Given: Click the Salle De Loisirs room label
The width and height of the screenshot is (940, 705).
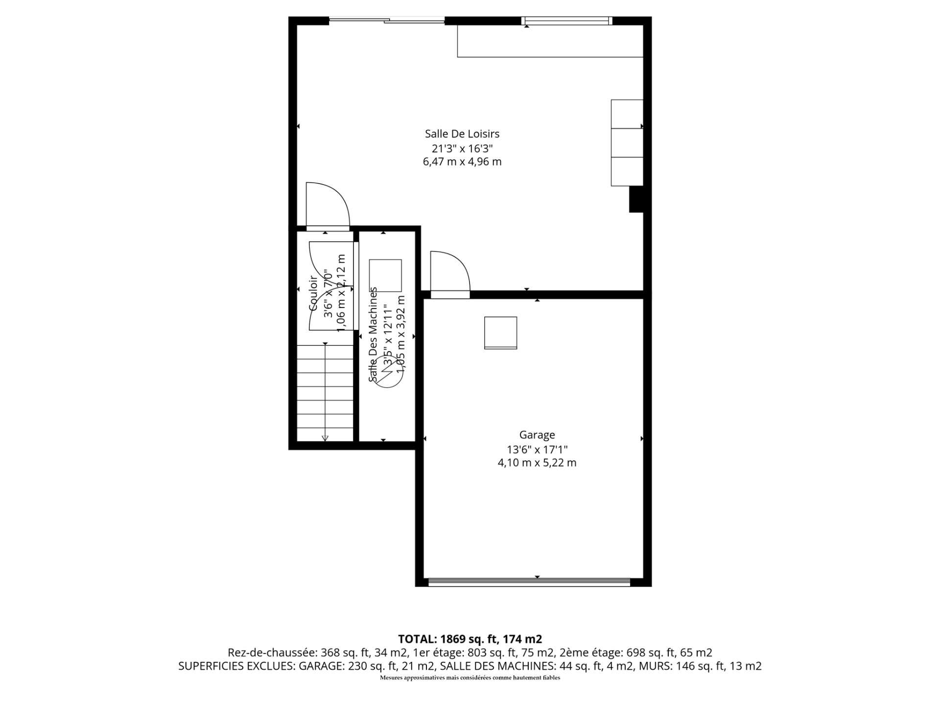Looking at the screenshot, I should pos(462,134).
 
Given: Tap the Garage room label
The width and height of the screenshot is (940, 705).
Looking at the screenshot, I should pos(537,435).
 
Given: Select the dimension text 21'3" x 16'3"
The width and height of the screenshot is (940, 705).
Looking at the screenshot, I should pos(462,148).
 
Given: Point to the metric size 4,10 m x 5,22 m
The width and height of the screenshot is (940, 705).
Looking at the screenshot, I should pos(537,463).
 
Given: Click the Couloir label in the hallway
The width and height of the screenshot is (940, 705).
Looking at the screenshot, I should pos(313,294).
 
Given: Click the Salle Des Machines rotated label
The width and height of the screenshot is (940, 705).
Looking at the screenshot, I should pos(373,334).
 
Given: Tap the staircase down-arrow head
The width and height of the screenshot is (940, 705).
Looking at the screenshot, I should pos(326,438).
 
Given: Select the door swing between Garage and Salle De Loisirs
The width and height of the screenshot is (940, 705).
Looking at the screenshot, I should pos(449,272).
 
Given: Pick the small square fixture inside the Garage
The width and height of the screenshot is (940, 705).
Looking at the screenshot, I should pos(500,332).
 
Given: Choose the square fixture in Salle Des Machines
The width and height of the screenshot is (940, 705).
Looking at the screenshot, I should pos(385,276).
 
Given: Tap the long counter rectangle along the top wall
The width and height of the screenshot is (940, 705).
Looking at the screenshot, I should pos(549,41).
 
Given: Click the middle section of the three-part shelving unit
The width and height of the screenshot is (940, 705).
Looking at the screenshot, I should pos(627,142).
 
